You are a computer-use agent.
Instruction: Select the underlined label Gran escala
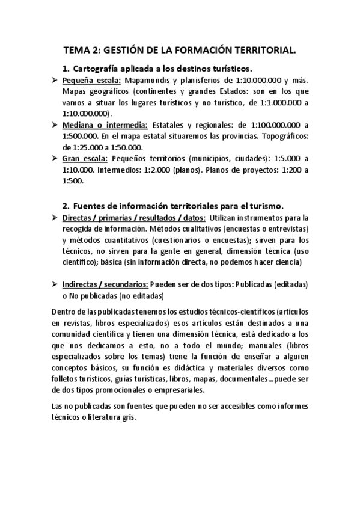coord(85,158)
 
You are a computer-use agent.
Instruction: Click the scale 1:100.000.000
coord(261,125)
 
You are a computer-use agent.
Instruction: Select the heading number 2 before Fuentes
coord(66,204)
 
